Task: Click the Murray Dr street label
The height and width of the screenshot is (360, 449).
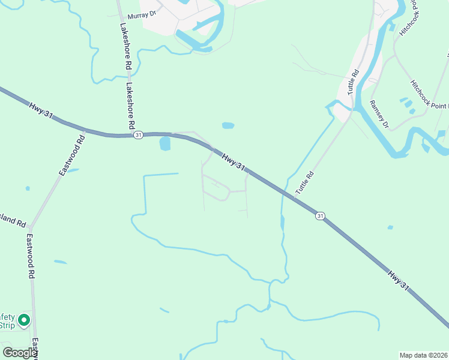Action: (x=141, y=13)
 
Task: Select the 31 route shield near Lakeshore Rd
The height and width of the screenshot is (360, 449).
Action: (x=139, y=135)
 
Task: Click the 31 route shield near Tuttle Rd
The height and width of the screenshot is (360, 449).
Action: (x=321, y=215)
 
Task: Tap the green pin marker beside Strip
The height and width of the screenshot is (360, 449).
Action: (x=24, y=320)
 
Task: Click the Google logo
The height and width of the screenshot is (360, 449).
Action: (x=20, y=353)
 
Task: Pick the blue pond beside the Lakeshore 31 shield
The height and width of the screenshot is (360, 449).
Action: (x=165, y=143)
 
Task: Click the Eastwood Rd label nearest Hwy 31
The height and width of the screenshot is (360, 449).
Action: (x=72, y=155)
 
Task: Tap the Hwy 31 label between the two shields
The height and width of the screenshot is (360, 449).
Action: (x=234, y=161)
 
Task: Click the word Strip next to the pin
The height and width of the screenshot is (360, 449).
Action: (x=7, y=325)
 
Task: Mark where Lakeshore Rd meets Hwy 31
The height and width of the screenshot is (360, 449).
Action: (x=131, y=135)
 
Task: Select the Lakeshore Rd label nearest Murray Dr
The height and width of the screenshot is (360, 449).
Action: (x=125, y=45)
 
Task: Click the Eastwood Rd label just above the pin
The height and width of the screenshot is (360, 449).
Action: (x=29, y=257)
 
